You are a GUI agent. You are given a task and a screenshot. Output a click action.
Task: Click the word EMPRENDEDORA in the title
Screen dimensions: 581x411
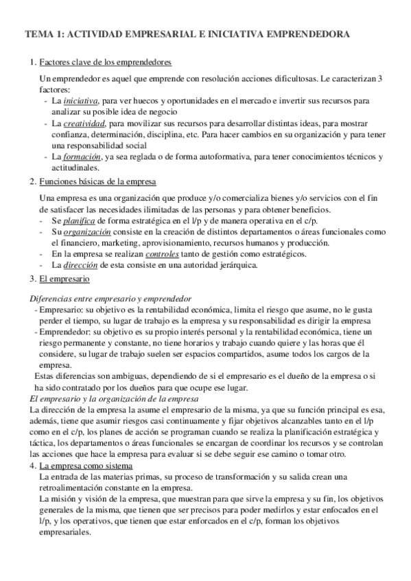click(x=303, y=33)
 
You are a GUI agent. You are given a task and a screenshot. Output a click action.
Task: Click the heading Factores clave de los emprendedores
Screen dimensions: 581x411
click(x=106, y=62)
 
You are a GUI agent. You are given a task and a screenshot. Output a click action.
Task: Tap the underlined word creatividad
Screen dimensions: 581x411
click(x=84, y=123)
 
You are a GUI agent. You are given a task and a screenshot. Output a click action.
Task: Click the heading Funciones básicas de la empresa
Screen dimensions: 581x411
click(x=98, y=182)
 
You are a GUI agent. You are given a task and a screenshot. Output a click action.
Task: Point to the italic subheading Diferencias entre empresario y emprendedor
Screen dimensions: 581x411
click(x=110, y=299)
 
